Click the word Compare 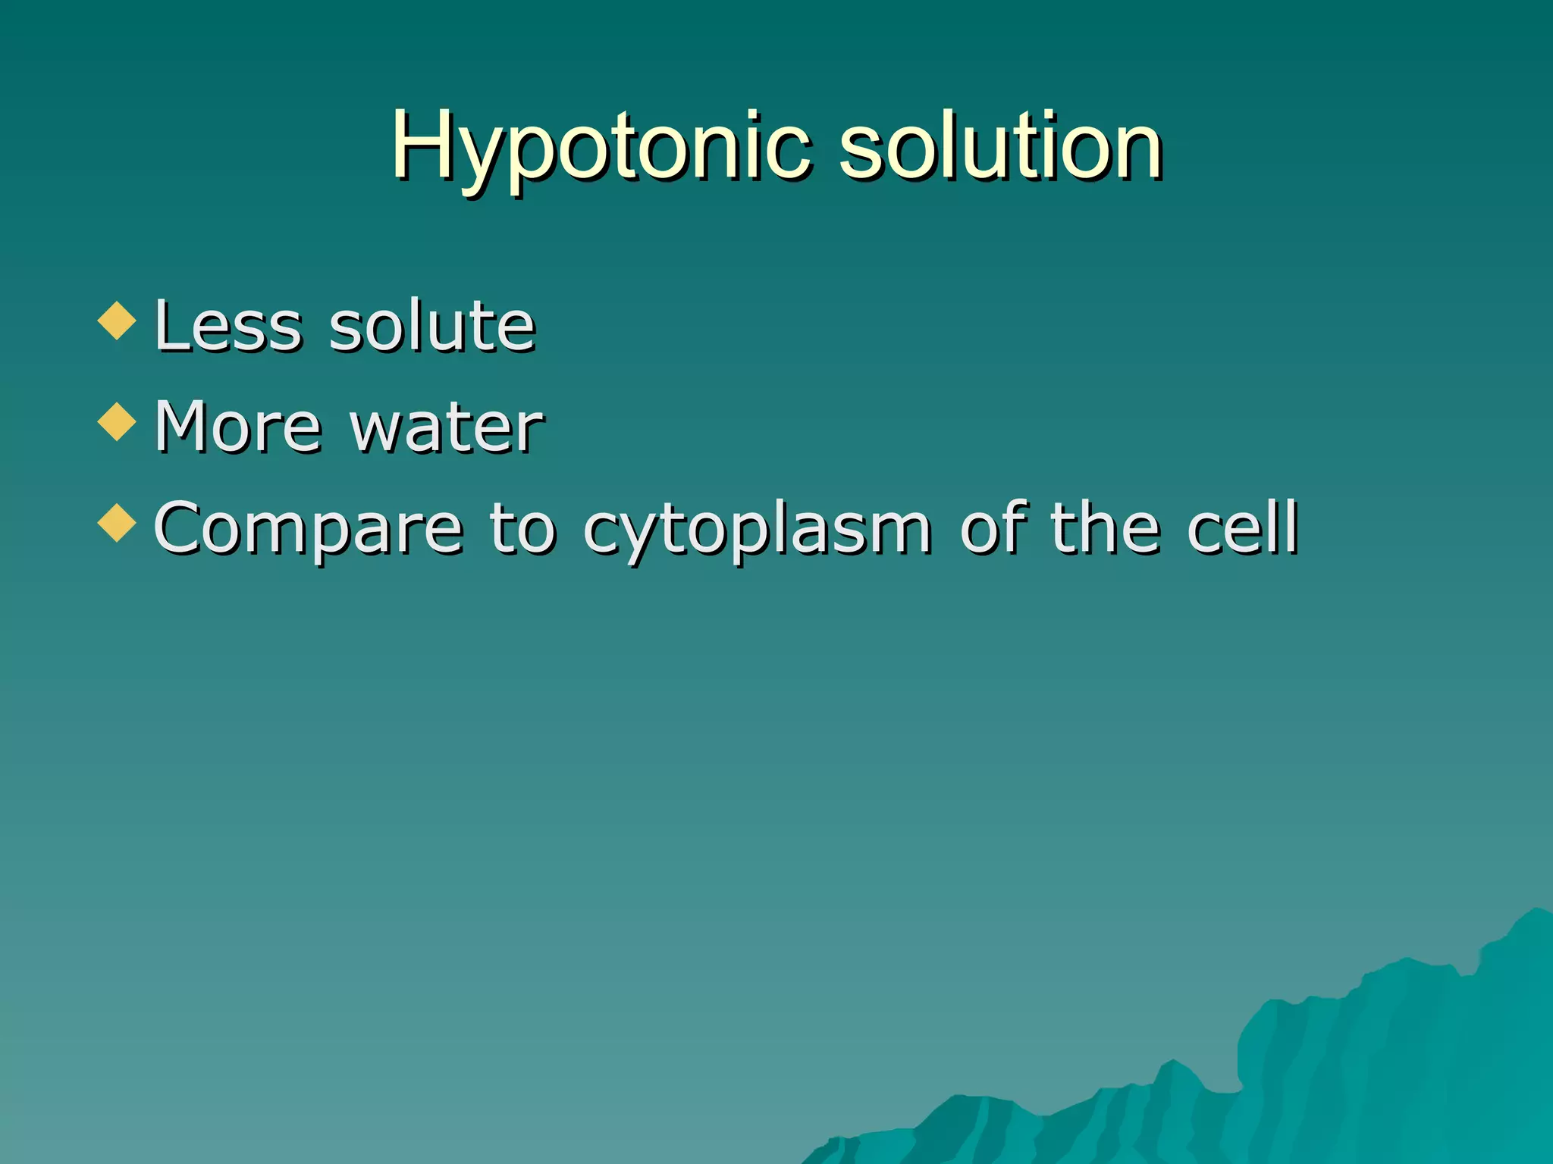point(308,530)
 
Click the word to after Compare point(522,528)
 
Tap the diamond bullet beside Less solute point(117,320)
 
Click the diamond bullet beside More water point(117,421)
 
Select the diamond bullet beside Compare point(117,523)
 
